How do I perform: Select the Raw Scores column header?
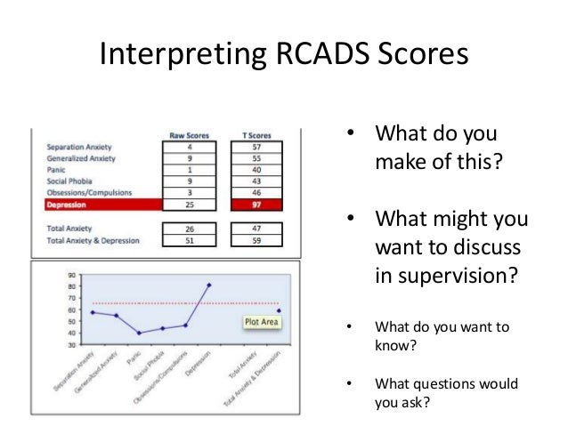tap(189, 134)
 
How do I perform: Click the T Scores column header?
tap(257, 134)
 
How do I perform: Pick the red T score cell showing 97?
tap(257, 205)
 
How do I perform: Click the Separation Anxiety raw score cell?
tap(189, 146)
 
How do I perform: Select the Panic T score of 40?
tap(257, 169)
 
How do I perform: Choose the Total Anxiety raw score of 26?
tap(189, 228)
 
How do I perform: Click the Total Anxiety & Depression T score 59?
tap(257, 239)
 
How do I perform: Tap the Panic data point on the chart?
tap(139, 333)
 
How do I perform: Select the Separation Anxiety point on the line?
tap(92, 312)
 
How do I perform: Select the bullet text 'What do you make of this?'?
tap(435, 149)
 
